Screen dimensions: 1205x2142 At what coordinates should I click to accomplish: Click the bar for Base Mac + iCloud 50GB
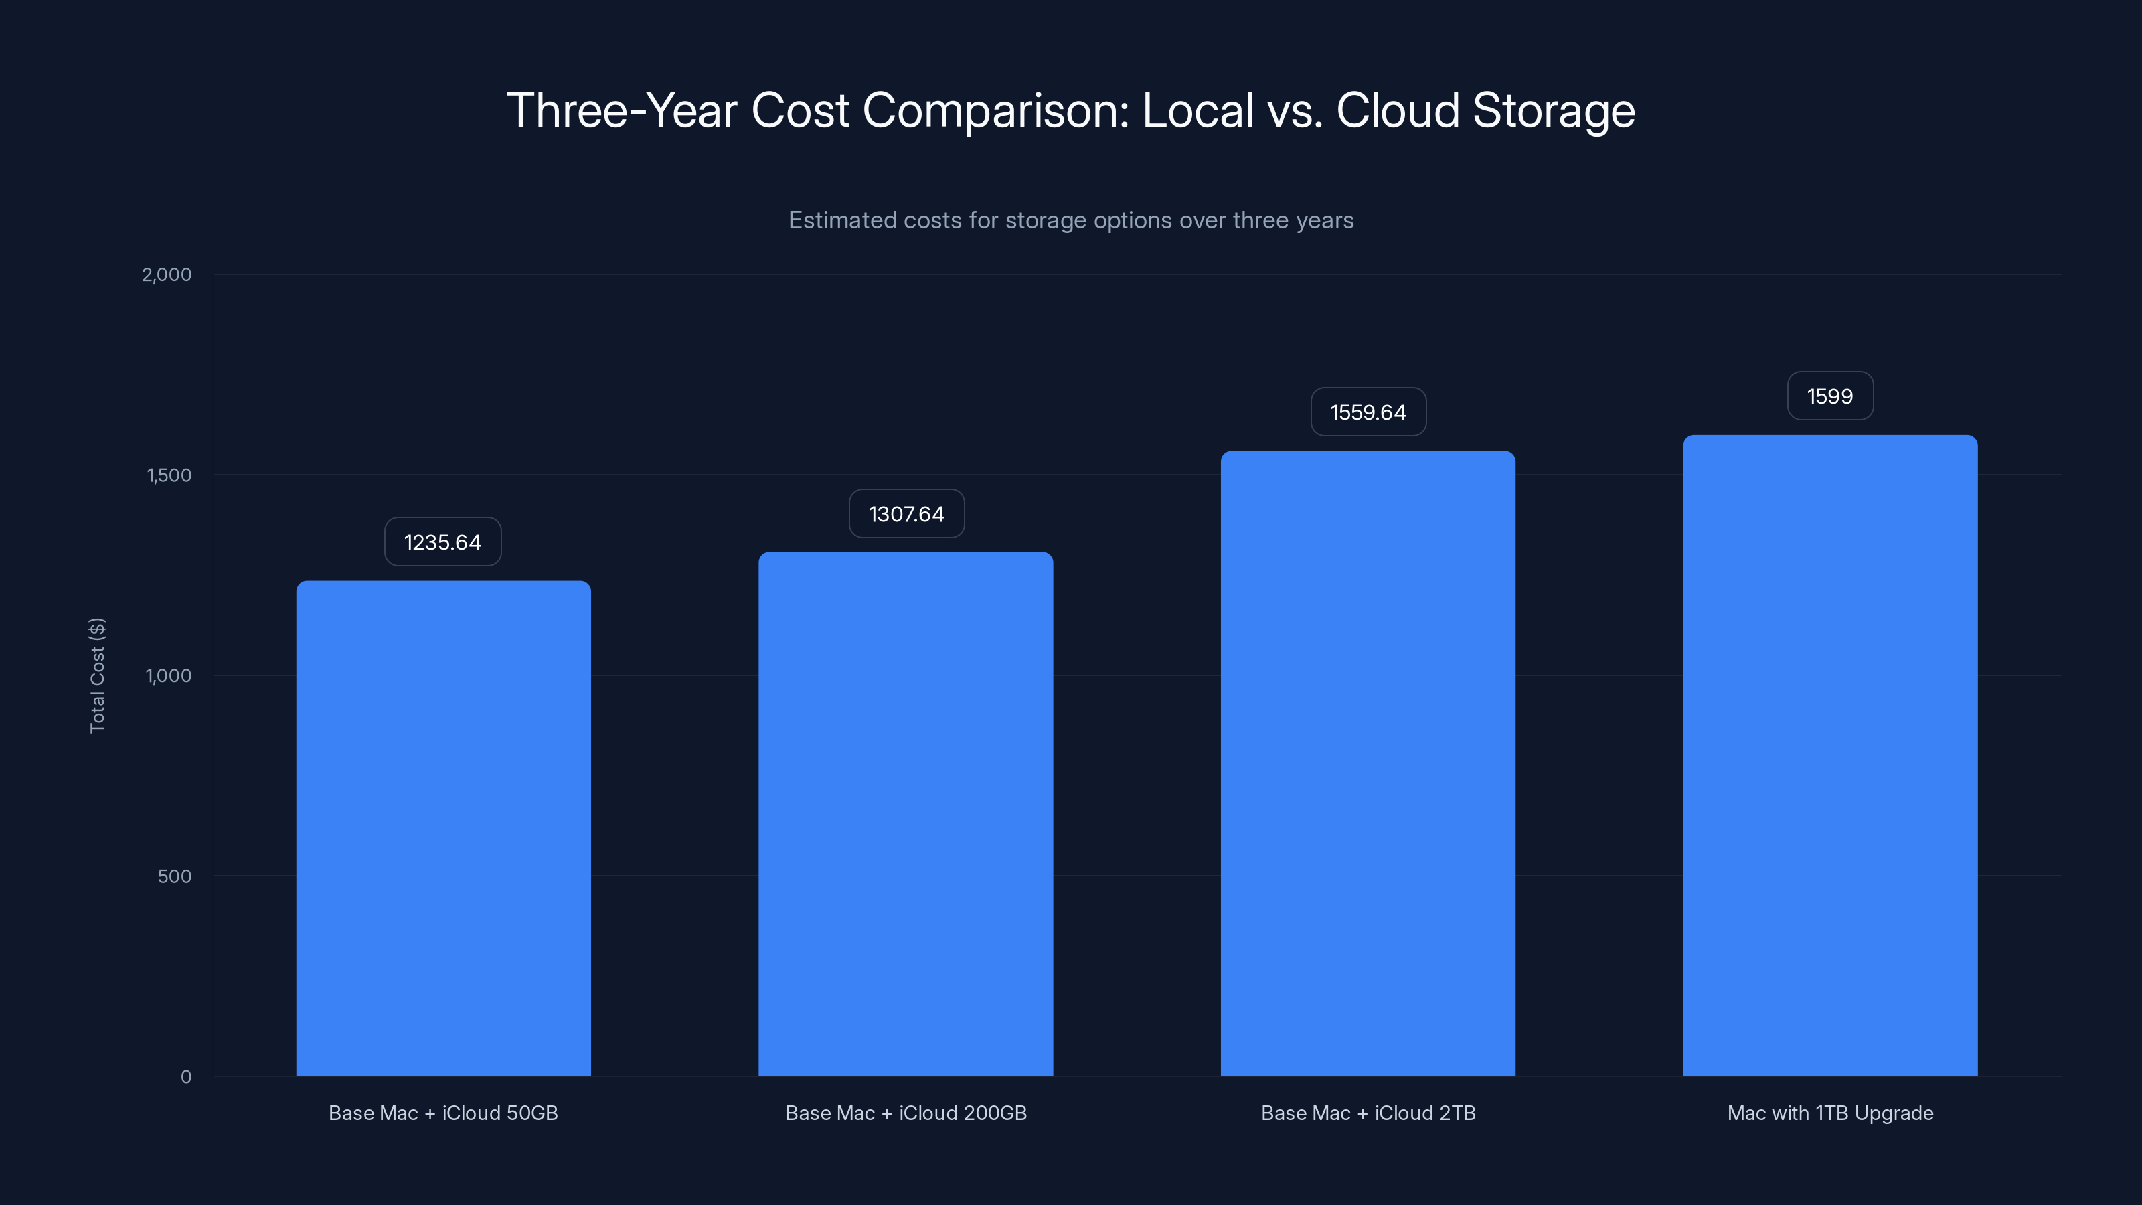click(x=443, y=827)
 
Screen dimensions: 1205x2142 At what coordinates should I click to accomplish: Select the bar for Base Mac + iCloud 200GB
click(x=906, y=813)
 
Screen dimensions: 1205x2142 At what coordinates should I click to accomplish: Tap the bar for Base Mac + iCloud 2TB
click(x=1368, y=762)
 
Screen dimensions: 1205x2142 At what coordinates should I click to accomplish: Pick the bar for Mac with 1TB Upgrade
click(x=1830, y=755)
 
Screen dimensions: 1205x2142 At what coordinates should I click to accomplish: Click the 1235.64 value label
click(x=442, y=542)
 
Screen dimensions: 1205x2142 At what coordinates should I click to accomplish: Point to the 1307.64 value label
click(x=906, y=514)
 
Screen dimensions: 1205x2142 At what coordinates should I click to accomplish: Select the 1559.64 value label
click(x=1368, y=412)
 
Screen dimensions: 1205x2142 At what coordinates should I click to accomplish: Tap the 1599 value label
click(x=1830, y=396)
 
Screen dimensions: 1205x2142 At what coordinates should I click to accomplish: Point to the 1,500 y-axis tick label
click(x=169, y=475)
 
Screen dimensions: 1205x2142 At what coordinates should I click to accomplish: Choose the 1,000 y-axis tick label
click(x=169, y=675)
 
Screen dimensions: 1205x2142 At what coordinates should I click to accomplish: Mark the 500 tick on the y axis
click(x=175, y=876)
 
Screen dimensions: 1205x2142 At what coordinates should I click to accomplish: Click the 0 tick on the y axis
click(x=186, y=1077)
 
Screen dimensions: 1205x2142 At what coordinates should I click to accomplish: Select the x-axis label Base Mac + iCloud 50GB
click(x=443, y=1113)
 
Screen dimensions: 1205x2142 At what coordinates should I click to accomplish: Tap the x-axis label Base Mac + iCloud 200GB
click(x=906, y=1113)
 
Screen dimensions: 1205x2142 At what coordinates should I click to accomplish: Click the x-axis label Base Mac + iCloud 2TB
click(x=1368, y=1113)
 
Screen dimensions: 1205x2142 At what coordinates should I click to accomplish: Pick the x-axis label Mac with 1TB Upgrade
click(x=1830, y=1113)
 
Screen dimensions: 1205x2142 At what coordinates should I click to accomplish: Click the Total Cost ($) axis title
click(x=97, y=675)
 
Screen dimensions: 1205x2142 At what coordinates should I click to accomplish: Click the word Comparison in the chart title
click(x=995, y=110)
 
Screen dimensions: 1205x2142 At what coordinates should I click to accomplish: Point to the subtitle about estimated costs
click(x=1071, y=220)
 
